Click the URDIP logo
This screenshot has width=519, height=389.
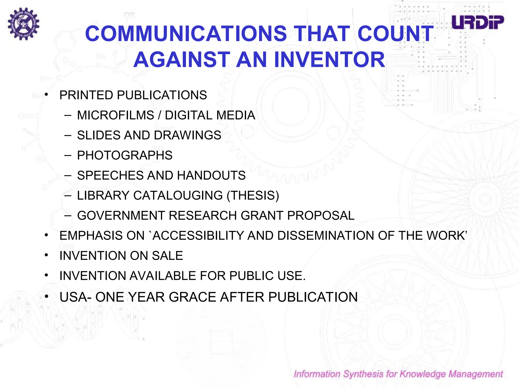[478, 22]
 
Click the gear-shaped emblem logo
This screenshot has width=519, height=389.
[24, 24]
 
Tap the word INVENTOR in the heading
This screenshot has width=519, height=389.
[329, 60]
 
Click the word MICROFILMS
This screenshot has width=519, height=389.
[116, 115]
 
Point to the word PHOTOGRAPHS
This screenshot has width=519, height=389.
[125, 155]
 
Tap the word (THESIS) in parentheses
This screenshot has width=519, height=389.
[253, 196]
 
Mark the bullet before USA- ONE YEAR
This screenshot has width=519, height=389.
[46, 296]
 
